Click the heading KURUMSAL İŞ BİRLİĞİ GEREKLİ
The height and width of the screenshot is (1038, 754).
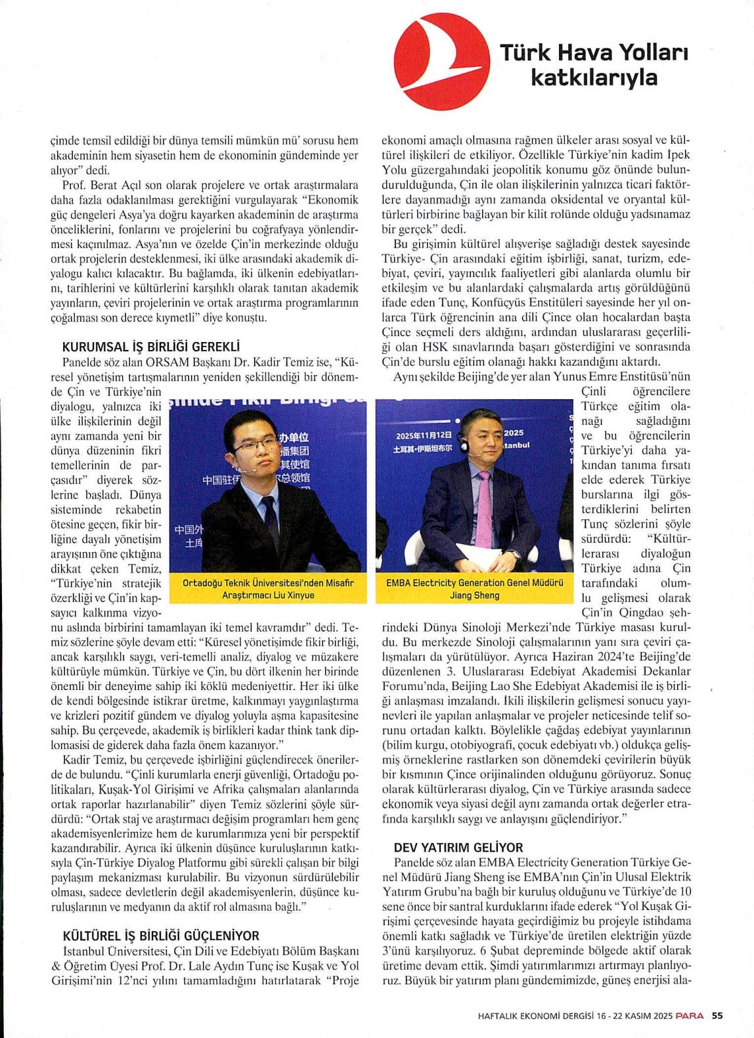pyautogui.click(x=150, y=347)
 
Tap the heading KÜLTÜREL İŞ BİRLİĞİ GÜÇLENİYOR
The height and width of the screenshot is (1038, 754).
pyautogui.click(x=161, y=936)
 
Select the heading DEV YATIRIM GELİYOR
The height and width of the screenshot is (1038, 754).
pyautogui.click(x=458, y=848)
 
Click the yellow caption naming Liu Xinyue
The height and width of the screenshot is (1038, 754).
pyautogui.click(x=268, y=589)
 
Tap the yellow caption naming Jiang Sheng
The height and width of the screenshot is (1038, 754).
pyautogui.click(x=474, y=589)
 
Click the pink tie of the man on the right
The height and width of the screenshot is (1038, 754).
pyautogui.click(x=483, y=509)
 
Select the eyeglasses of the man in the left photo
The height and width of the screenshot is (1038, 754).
pyautogui.click(x=255, y=446)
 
